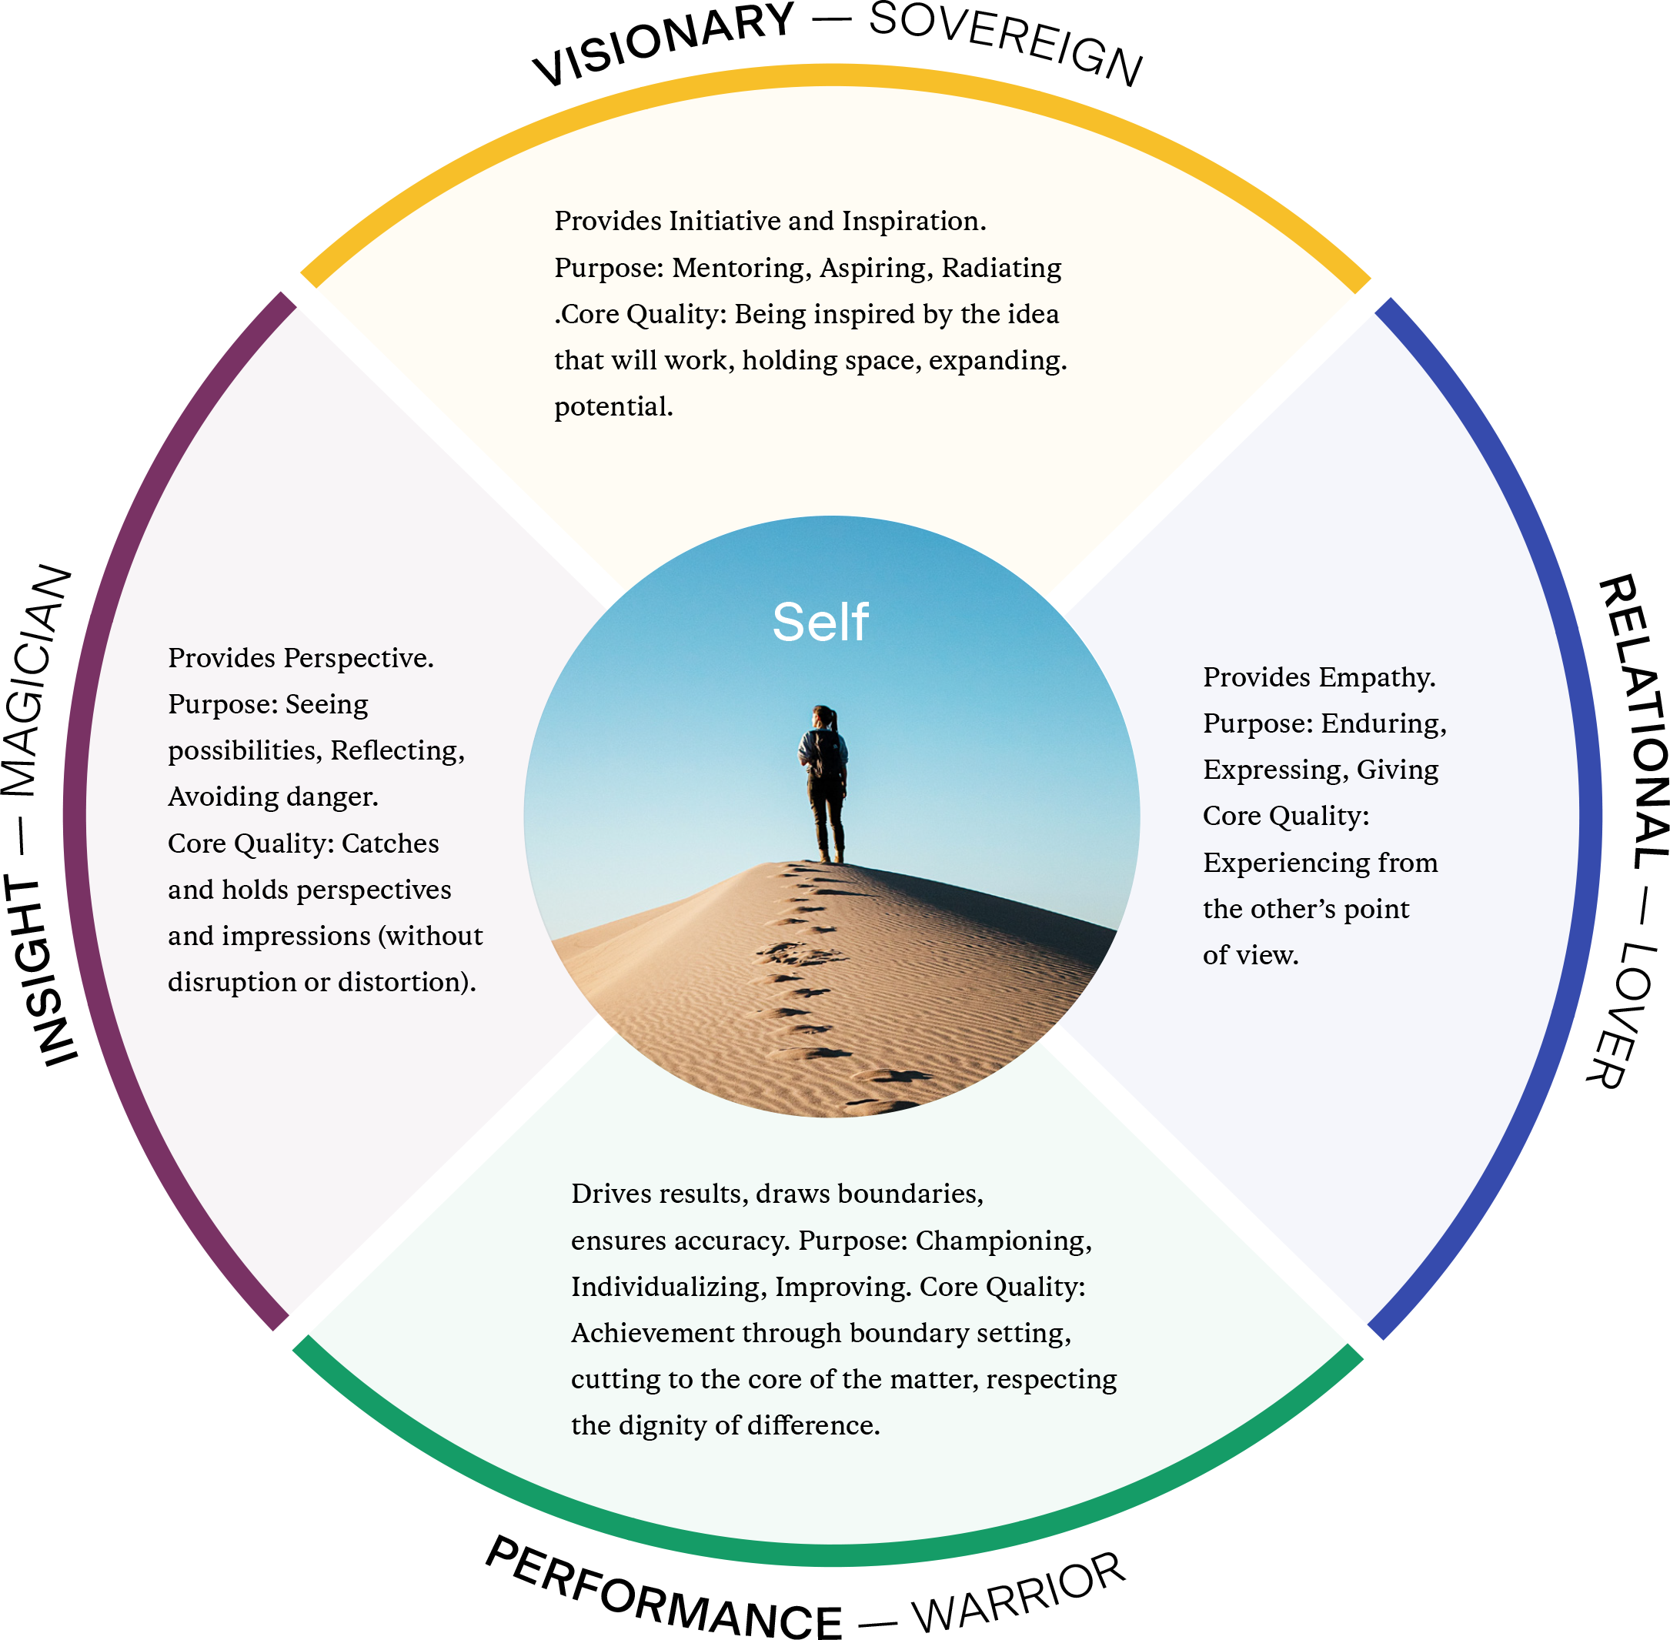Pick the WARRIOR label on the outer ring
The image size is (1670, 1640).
coord(1020,1594)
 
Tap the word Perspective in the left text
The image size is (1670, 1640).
coord(359,658)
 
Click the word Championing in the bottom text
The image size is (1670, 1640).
coord(1003,1241)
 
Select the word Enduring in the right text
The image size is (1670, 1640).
coord(1383,723)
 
